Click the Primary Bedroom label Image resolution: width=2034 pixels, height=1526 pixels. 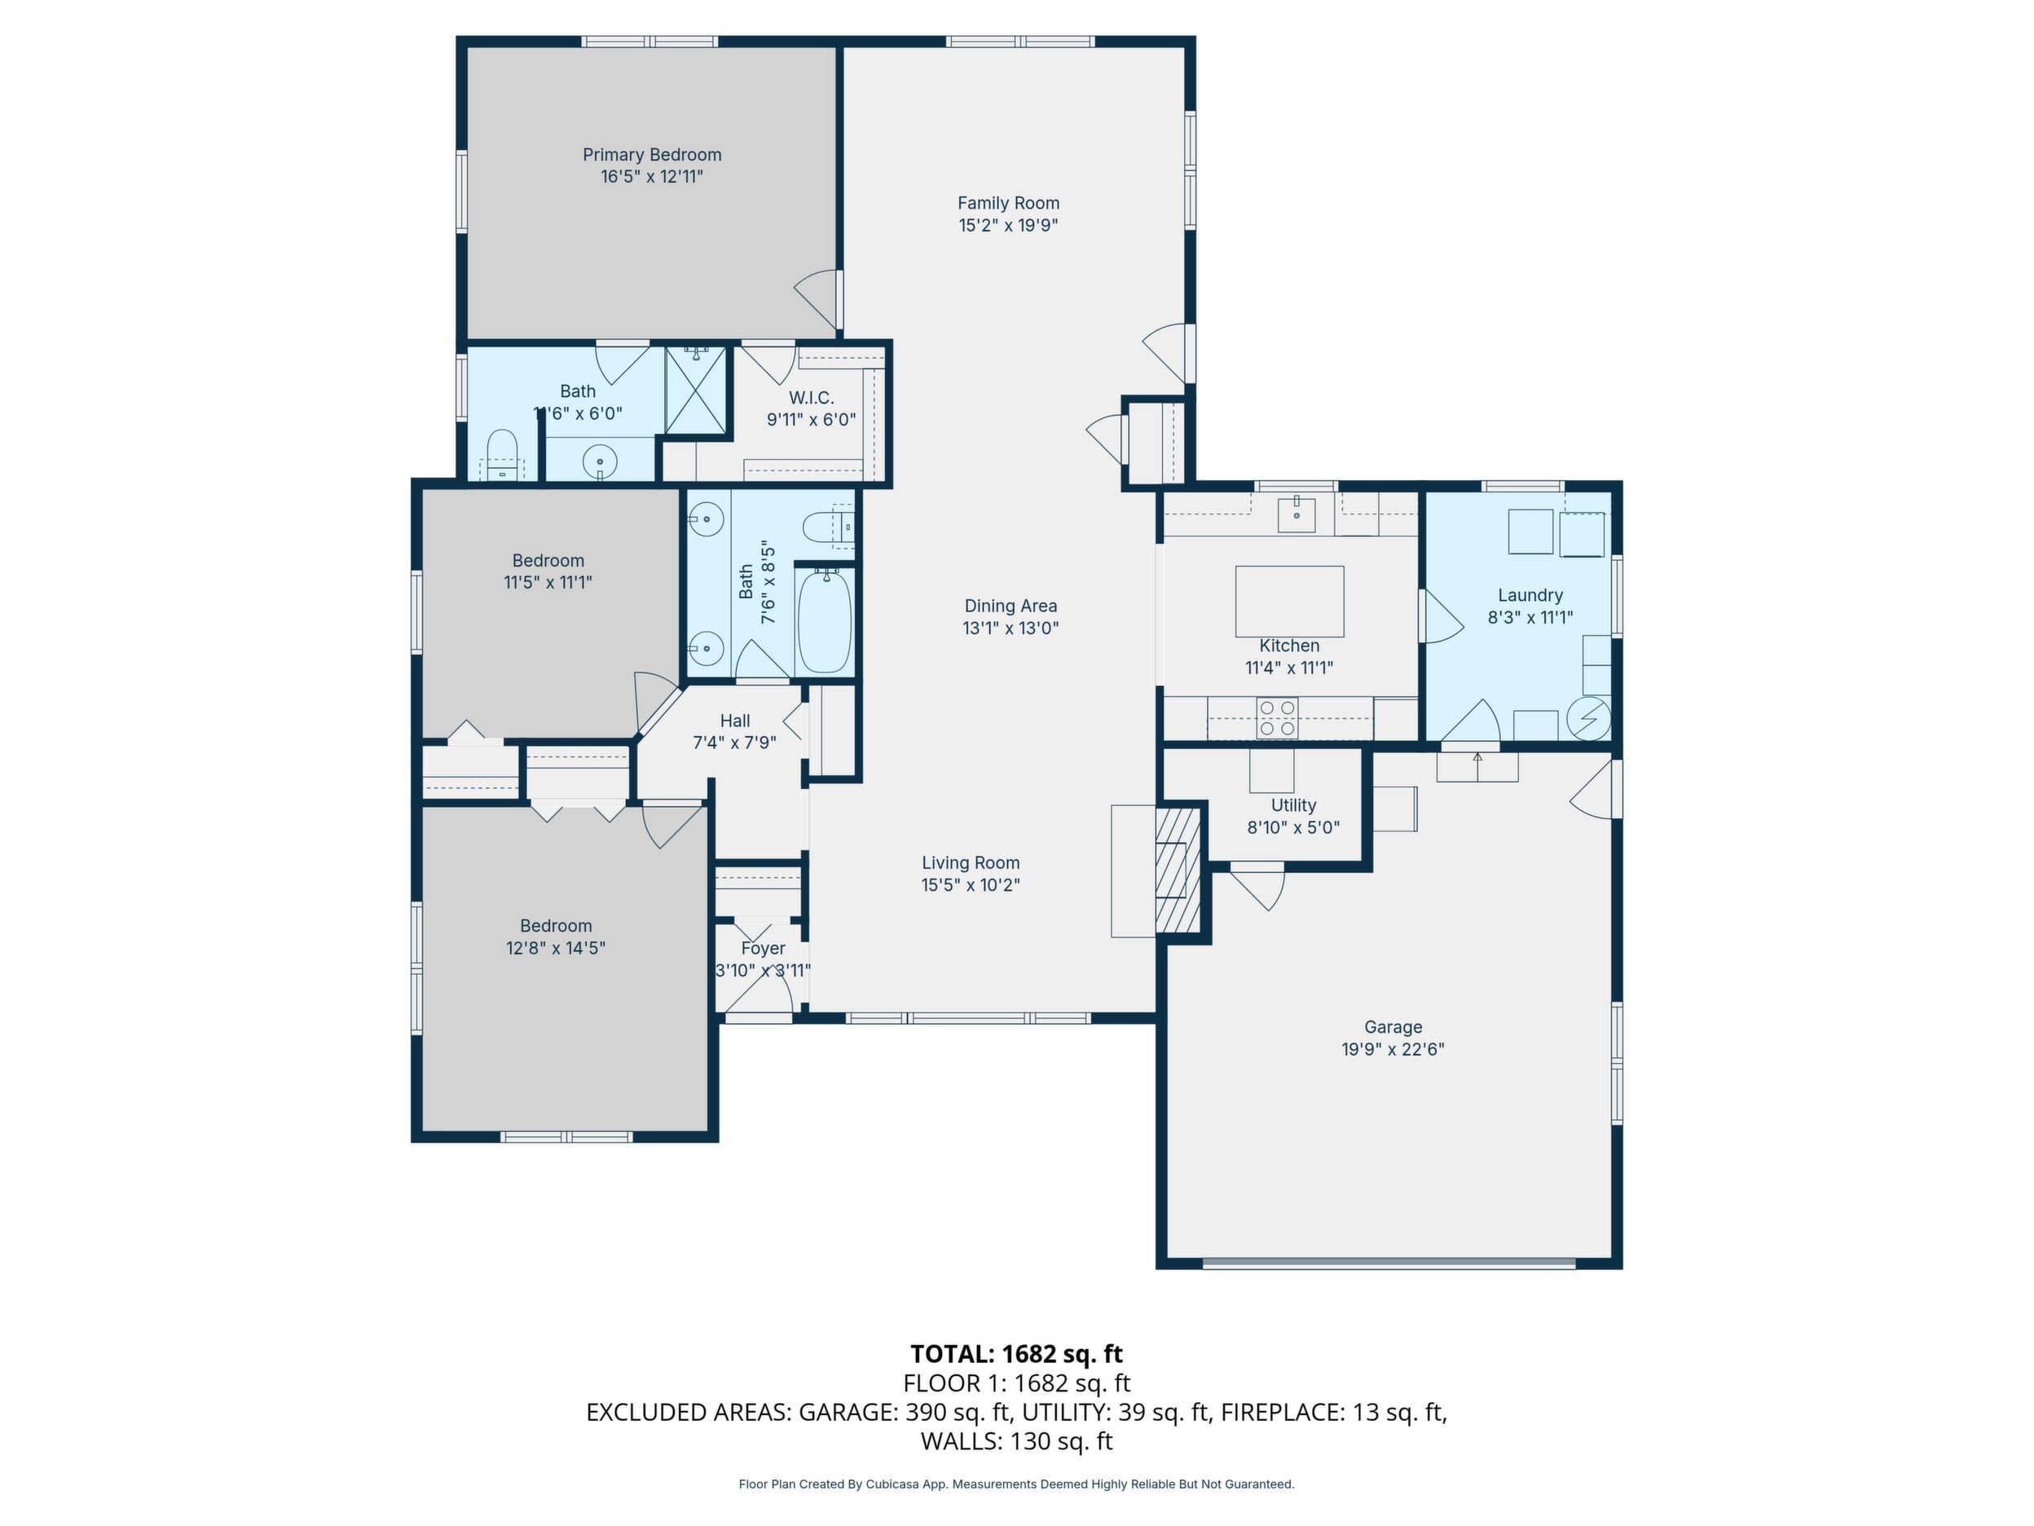pos(652,155)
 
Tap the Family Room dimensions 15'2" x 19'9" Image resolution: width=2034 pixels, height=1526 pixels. pos(1009,225)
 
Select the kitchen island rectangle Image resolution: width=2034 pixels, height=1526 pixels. pos(1289,602)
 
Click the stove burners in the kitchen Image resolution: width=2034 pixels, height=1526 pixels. pos(1277,718)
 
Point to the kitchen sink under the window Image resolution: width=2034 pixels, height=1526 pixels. pos(1297,514)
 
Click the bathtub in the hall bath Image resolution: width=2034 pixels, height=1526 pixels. pos(825,621)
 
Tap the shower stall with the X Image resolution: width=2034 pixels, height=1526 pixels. pos(696,389)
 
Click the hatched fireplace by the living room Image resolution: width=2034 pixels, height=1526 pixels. pos(1178,869)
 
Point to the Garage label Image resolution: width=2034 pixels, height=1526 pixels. pos(1393,1026)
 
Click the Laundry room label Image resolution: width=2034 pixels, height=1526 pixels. pos(1530,595)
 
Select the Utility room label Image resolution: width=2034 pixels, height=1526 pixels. pos(1294,805)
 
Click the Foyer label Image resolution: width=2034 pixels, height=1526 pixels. pos(764,948)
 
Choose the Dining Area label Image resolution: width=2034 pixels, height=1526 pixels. pos(1010,606)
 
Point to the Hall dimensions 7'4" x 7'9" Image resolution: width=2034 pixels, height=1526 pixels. pos(735,743)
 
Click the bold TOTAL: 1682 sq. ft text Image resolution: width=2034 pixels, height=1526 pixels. pos(1016,1354)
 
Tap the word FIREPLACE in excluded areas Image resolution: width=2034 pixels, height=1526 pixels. pos(1282,1412)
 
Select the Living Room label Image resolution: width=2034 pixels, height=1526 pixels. pos(971,862)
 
